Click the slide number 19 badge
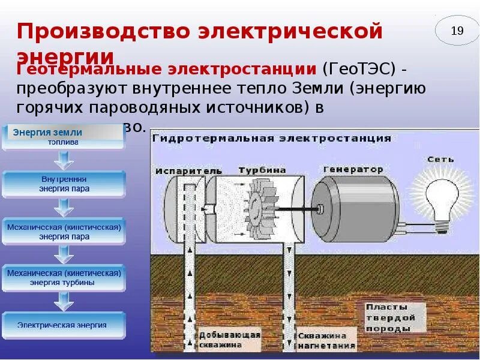click(457, 31)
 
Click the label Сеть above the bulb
click(440, 160)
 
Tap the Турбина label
click(262, 170)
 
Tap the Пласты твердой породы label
click(389, 317)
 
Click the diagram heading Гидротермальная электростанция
click(271, 138)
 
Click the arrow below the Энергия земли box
click(64, 159)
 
